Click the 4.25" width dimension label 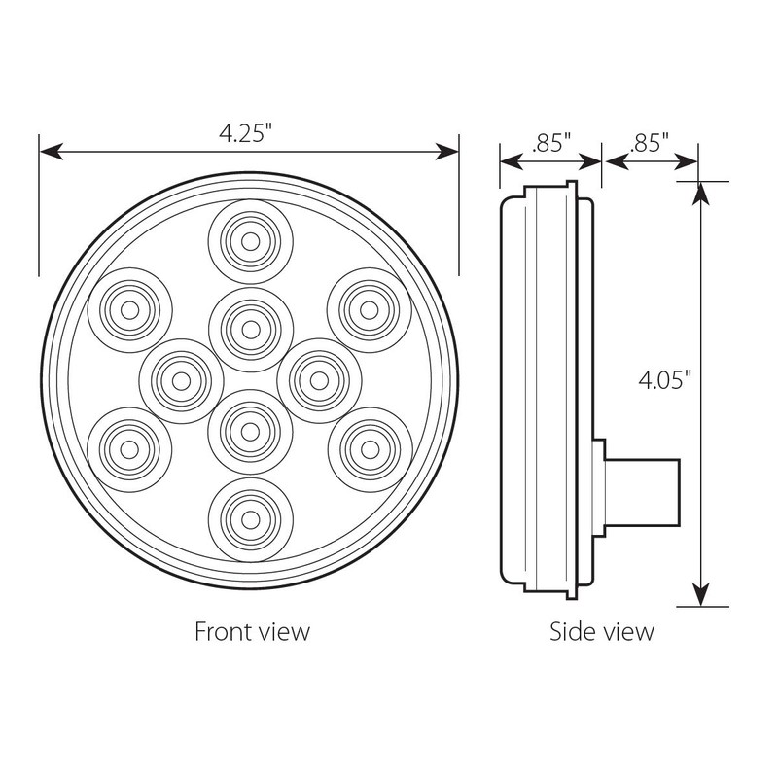click(x=248, y=134)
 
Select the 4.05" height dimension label click(x=664, y=380)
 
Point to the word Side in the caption click(x=573, y=632)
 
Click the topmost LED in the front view click(x=250, y=240)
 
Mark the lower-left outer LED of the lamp click(x=129, y=447)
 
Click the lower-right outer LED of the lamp click(x=369, y=447)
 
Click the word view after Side click(x=630, y=632)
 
